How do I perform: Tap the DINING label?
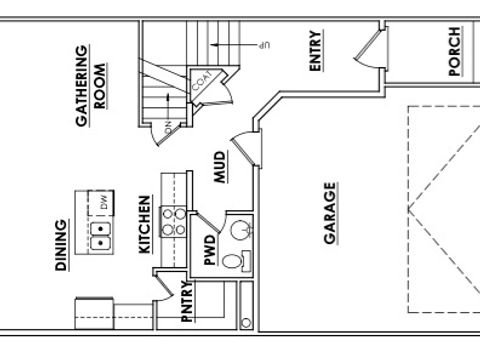point(62,246)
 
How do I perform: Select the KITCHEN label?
point(144,225)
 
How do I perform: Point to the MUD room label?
point(219,165)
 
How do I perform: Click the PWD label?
point(211,250)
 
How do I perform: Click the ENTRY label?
point(316,51)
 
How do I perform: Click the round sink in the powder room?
point(238,231)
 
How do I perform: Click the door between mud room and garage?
point(244,146)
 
